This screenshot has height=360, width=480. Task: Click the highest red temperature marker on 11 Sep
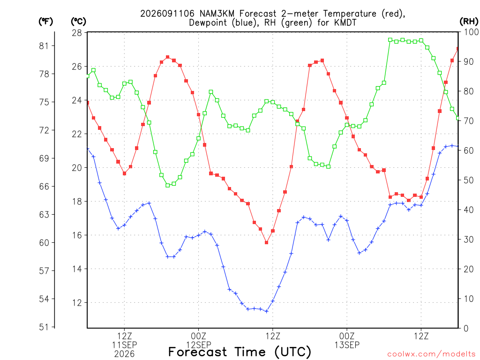click(x=167, y=57)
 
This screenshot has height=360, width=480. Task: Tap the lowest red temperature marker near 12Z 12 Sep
click(x=266, y=242)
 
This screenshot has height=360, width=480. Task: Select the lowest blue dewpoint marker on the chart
click(x=266, y=311)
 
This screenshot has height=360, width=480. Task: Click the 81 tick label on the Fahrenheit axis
click(x=44, y=46)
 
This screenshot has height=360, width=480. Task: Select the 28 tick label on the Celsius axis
click(x=77, y=33)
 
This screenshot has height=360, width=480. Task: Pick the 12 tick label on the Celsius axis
click(x=77, y=303)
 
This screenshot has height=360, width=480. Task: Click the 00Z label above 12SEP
click(x=198, y=336)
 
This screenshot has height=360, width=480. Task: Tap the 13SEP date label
click(x=347, y=345)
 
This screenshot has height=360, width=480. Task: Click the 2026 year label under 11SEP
click(x=124, y=354)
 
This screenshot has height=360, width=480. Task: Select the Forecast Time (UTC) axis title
click(x=240, y=352)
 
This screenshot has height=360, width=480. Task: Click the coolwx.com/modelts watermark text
click(x=431, y=354)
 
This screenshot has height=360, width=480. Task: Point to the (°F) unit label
click(x=45, y=22)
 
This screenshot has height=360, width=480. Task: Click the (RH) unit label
click(x=469, y=22)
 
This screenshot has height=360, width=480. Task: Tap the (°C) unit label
click(x=79, y=22)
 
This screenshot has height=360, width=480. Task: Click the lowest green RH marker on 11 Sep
click(x=167, y=185)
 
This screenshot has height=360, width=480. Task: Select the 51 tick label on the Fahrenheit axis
click(x=44, y=327)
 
